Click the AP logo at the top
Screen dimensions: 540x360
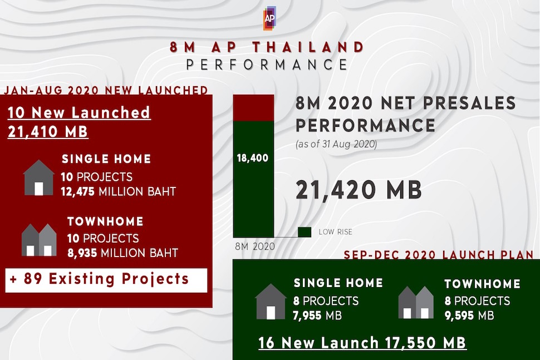pos(269,18)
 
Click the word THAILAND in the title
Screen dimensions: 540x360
pos(308,47)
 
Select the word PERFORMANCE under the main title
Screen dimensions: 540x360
pos(267,65)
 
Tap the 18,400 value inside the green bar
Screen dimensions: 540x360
pos(252,158)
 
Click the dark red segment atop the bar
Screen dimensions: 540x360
pos(253,108)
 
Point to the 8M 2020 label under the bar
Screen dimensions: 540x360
pos(255,246)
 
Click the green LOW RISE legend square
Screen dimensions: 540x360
pos(305,232)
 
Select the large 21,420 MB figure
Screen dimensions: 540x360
pos(359,190)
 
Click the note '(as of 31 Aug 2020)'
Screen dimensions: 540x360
pos(336,144)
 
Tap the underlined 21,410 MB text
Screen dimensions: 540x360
pos(48,131)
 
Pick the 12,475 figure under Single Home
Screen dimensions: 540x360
pos(77,191)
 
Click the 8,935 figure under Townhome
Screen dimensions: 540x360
pos(82,253)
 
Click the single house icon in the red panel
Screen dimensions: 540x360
pos(38,177)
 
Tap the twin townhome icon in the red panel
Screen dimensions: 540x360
pos(39,240)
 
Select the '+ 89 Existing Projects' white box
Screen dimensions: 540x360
pos(106,280)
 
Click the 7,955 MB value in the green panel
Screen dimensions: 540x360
pos(317,315)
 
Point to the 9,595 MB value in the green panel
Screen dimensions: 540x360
pos(469,315)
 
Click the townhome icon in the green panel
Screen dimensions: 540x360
pos(416,303)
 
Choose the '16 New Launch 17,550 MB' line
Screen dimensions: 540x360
pos(362,343)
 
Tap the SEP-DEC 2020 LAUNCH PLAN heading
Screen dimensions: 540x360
pos(439,255)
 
